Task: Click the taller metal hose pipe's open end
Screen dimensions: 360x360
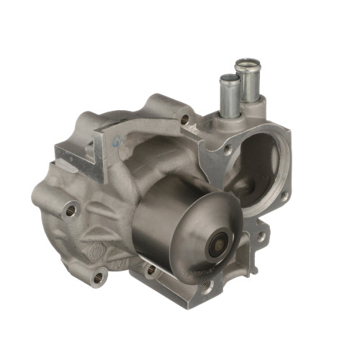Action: pyautogui.click(x=246, y=64)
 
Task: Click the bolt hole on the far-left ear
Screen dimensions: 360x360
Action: pyautogui.click(x=71, y=210)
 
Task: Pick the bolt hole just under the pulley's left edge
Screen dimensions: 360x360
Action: pyautogui.click(x=150, y=271)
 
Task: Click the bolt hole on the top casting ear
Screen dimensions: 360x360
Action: pyautogui.click(x=186, y=119)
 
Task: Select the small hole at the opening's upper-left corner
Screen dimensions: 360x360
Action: pyautogui.click(x=228, y=149)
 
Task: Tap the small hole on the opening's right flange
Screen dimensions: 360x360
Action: pyautogui.click(x=285, y=195)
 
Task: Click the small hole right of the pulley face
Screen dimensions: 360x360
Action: pyautogui.click(x=260, y=236)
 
